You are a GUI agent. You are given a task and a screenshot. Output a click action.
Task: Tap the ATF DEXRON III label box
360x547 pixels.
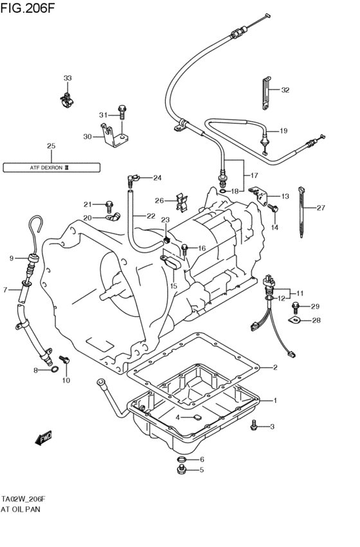pos(51,168)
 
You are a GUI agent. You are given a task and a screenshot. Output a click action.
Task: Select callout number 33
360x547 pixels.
pos(67,78)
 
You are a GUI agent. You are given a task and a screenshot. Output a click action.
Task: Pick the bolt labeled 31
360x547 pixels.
pos(122,114)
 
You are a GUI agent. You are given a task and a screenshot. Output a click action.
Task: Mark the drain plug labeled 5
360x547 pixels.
pos(182,471)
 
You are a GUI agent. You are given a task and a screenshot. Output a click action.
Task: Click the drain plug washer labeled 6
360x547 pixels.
pos(182,460)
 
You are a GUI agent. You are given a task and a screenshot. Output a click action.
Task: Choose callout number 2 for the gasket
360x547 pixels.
pos(274,367)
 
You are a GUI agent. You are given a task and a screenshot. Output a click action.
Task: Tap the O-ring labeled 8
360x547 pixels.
pos(55,370)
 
